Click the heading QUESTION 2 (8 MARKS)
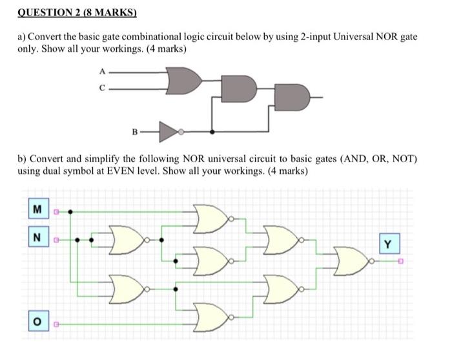pos(77,12)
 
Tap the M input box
pos(38,209)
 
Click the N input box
pos(38,238)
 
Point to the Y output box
pos(387,245)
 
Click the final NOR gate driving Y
pos(351,261)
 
